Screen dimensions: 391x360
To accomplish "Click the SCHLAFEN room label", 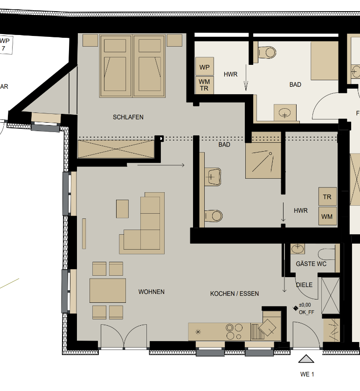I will tap(128, 117).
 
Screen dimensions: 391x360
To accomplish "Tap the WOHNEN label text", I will tap(151, 292).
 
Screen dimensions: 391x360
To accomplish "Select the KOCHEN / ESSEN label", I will tap(234, 293).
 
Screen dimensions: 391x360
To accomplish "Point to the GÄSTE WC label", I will tap(311, 264).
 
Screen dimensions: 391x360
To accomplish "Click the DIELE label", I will tap(304, 284).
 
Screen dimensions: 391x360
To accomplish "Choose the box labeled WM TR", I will tap(204, 85).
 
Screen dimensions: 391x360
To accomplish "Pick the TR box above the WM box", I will tap(327, 197).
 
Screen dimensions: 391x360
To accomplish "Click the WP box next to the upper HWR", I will tap(204, 67).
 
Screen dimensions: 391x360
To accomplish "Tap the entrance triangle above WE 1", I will tap(306, 359).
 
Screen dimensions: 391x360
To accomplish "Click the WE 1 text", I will tap(307, 374).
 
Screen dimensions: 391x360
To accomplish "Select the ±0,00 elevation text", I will tap(305, 305).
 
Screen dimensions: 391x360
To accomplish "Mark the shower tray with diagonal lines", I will tap(263, 161).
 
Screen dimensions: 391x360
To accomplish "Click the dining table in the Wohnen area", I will tap(108, 290).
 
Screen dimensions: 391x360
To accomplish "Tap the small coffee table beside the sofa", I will tap(122, 209).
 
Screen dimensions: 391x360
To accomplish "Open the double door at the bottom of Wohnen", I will tap(124, 336).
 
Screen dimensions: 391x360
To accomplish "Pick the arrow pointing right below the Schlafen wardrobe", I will tap(161, 165).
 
